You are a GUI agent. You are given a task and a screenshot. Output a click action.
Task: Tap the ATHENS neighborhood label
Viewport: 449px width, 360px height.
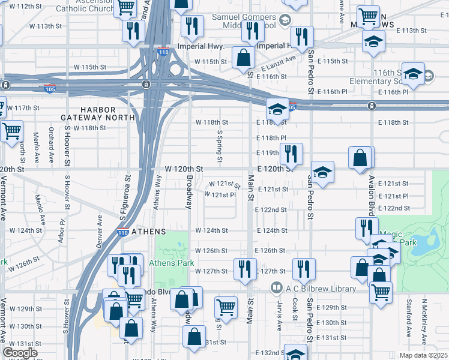[148, 232]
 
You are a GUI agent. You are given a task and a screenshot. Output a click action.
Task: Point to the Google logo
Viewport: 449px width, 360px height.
[20, 353]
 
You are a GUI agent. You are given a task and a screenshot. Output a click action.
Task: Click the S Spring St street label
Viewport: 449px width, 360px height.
[220, 148]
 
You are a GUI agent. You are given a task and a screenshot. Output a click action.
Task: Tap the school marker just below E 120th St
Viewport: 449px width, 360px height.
[322, 173]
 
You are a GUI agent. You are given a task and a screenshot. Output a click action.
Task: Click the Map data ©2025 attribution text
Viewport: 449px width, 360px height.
[423, 355]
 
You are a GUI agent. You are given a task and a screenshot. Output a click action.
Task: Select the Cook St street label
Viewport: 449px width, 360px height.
[295, 310]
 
